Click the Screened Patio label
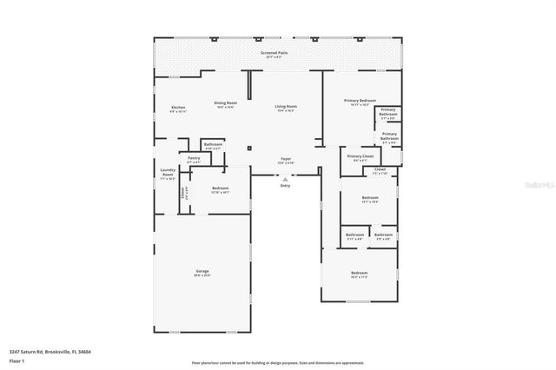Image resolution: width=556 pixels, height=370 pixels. tap(274, 53)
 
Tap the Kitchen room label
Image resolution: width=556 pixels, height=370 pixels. tap(177, 109)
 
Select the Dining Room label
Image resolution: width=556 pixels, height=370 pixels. tap(225, 104)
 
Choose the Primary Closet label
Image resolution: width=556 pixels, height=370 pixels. tap(359, 158)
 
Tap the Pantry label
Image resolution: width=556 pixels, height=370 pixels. tap(194, 159)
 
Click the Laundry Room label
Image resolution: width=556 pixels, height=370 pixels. tap(168, 173)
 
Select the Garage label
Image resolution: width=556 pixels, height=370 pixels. tap(202, 272)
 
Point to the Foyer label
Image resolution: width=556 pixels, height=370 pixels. tap(285, 160)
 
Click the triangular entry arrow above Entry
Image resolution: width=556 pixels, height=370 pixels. tap(285, 178)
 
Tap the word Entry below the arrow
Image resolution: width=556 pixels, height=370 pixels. tap(285, 186)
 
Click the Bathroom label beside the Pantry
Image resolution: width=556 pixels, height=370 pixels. tap(213, 145)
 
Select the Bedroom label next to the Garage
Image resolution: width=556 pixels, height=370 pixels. tap(220, 189)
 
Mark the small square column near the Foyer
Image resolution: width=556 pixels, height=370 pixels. tap(249, 149)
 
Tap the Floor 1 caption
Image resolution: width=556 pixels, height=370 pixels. tap(17, 360)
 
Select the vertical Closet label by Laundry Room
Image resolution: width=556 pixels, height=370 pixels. tap(182, 193)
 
